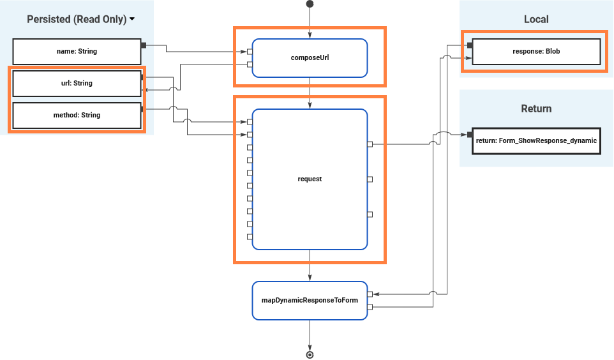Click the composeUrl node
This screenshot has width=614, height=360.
(x=310, y=57)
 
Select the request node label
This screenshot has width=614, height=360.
(x=310, y=179)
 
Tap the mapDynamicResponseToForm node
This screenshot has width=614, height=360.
(x=310, y=300)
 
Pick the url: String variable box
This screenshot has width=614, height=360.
(x=77, y=83)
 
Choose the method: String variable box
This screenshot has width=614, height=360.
(x=77, y=115)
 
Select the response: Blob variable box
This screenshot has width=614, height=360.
(x=536, y=51)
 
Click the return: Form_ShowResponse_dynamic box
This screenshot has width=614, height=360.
(x=536, y=140)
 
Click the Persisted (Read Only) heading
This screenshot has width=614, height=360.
(x=77, y=19)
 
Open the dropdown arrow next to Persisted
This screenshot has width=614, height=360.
(x=132, y=19)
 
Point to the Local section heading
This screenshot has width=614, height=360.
(x=536, y=19)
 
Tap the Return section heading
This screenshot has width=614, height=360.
(x=536, y=109)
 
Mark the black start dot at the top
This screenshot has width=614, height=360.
(x=310, y=4)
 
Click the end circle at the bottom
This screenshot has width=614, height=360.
(x=310, y=354)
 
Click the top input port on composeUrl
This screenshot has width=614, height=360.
(x=250, y=51)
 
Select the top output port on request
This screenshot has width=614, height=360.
(x=370, y=144)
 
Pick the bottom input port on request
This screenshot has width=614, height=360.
(x=250, y=236)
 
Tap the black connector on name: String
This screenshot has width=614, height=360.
(x=144, y=45)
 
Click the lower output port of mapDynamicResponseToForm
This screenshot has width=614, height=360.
(x=370, y=307)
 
